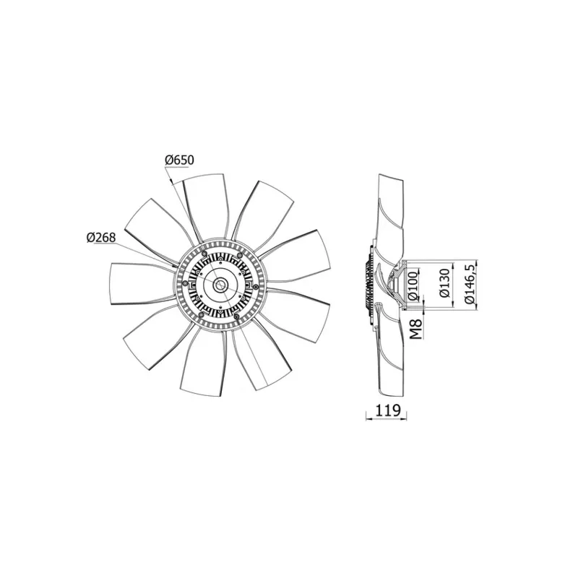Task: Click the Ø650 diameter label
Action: click(x=180, y=159)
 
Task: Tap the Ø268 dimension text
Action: click(x=102, y=237)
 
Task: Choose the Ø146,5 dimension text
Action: click(x=472, y=283)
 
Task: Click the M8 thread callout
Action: click(x=417, y=330)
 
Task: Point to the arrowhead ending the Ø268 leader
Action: click(x=175, y=264)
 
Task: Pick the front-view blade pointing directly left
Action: click(x=137, y=283)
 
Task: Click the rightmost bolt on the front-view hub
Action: click(x=253, y=287)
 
